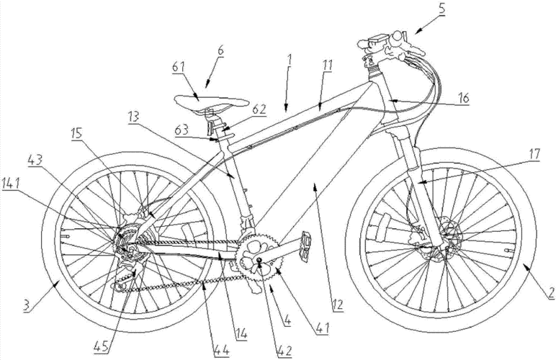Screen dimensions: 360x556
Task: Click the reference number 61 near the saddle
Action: click(179, 67)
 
